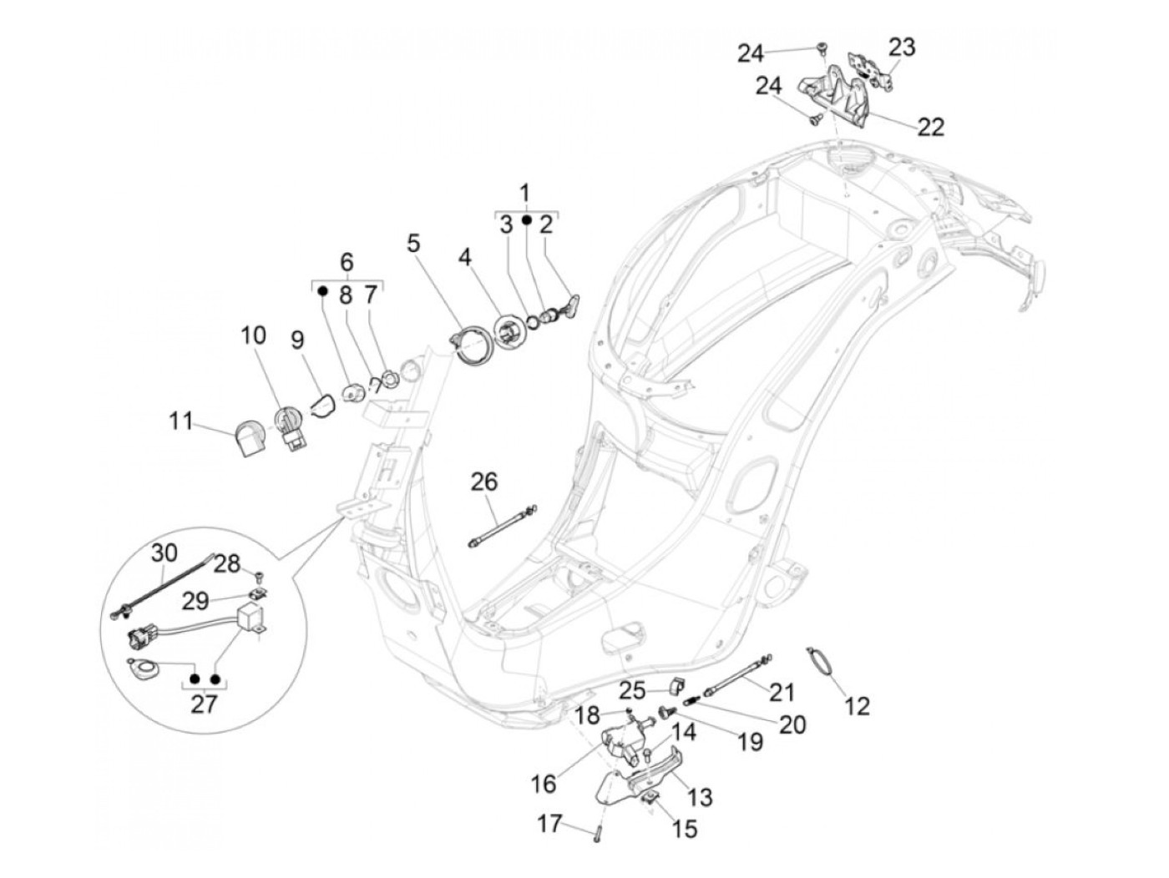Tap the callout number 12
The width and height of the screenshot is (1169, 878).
coord(857,706)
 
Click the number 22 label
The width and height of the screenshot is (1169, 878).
coord(930,126)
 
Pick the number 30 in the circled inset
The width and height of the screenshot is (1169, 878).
coord(164,552)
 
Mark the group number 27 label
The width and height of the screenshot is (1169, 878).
coord(204,704)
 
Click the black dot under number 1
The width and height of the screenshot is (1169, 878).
coord(526,219)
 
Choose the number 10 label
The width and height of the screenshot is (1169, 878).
coord(254,336)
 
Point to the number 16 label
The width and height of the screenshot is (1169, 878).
coord(543,785)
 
